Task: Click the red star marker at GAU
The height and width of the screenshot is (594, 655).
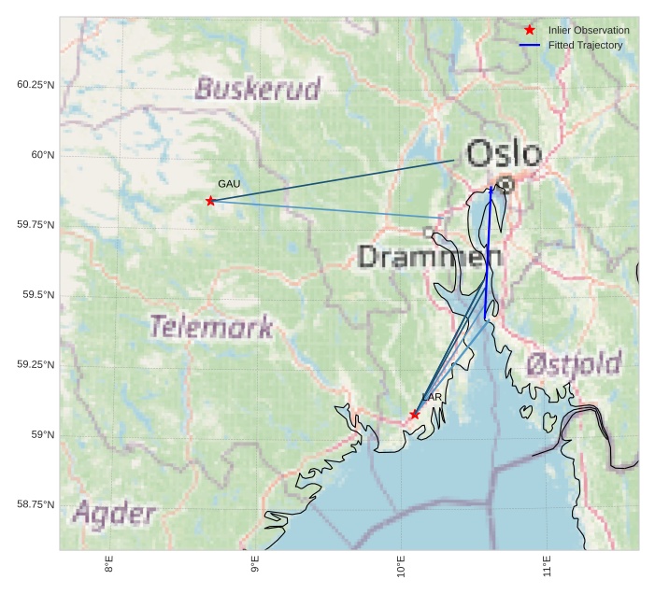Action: (210, 201)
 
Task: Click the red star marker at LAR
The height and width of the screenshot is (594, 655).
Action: (415, 415)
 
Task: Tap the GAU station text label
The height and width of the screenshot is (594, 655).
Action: (229, 184)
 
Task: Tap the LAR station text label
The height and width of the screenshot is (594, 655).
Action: (432, 397)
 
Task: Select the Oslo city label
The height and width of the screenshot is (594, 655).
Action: (504, 154)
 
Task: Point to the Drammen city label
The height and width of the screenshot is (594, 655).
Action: (430, 257)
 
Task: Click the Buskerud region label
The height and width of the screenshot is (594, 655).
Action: (257, 89)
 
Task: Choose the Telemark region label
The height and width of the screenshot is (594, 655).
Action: (211, 327)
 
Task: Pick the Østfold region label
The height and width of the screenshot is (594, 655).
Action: (573, 363)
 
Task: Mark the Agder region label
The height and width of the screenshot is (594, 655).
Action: (114, 513)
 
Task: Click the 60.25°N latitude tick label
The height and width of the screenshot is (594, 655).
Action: (36, 85)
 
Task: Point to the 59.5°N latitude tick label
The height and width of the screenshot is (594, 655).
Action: (36, 295)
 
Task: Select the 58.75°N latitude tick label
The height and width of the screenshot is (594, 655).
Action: (36, 505)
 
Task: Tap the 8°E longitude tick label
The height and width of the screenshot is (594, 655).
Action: (109, 565)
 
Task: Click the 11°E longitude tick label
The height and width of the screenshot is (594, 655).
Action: (547, 565)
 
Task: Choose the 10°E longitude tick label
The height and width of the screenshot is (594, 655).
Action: (401, 565)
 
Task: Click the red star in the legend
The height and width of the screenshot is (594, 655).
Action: (530, 30)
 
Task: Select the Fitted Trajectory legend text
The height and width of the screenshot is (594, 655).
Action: (585, 45)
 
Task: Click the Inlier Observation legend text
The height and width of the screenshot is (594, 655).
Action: (589, 30)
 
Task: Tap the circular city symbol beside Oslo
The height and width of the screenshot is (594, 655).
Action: (505, 185)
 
